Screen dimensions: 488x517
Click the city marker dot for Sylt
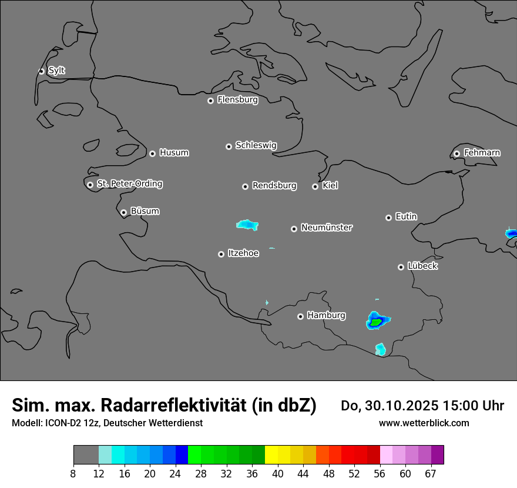(x=42, y=71)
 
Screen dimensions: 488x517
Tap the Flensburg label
(x=237, y=100)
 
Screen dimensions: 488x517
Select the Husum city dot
(x=152, y=153)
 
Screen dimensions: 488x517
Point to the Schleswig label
(x=256, y=145)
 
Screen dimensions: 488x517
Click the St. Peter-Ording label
(x=129, y=184)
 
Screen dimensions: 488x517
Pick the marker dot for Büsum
(x=123, y=213)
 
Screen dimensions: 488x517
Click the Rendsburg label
(x=274, y=186)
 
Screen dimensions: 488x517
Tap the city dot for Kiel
(x=315, y=186)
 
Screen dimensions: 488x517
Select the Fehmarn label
(x=482, y=153)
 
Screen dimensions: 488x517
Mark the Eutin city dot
(x=388, y=218)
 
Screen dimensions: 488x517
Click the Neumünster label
(x=327, y=228)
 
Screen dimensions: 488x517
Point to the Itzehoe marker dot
(x=221, y=254)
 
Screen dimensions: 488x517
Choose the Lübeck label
(x=422, y=266)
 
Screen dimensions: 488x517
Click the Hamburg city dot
(x=300, y=316)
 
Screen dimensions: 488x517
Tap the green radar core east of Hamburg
(x=375, y=322)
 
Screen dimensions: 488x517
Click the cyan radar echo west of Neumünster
(x=247, y=224)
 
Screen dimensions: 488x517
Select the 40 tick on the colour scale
(x=278, y=473)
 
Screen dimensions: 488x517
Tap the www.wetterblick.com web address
(x=424, y=423)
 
